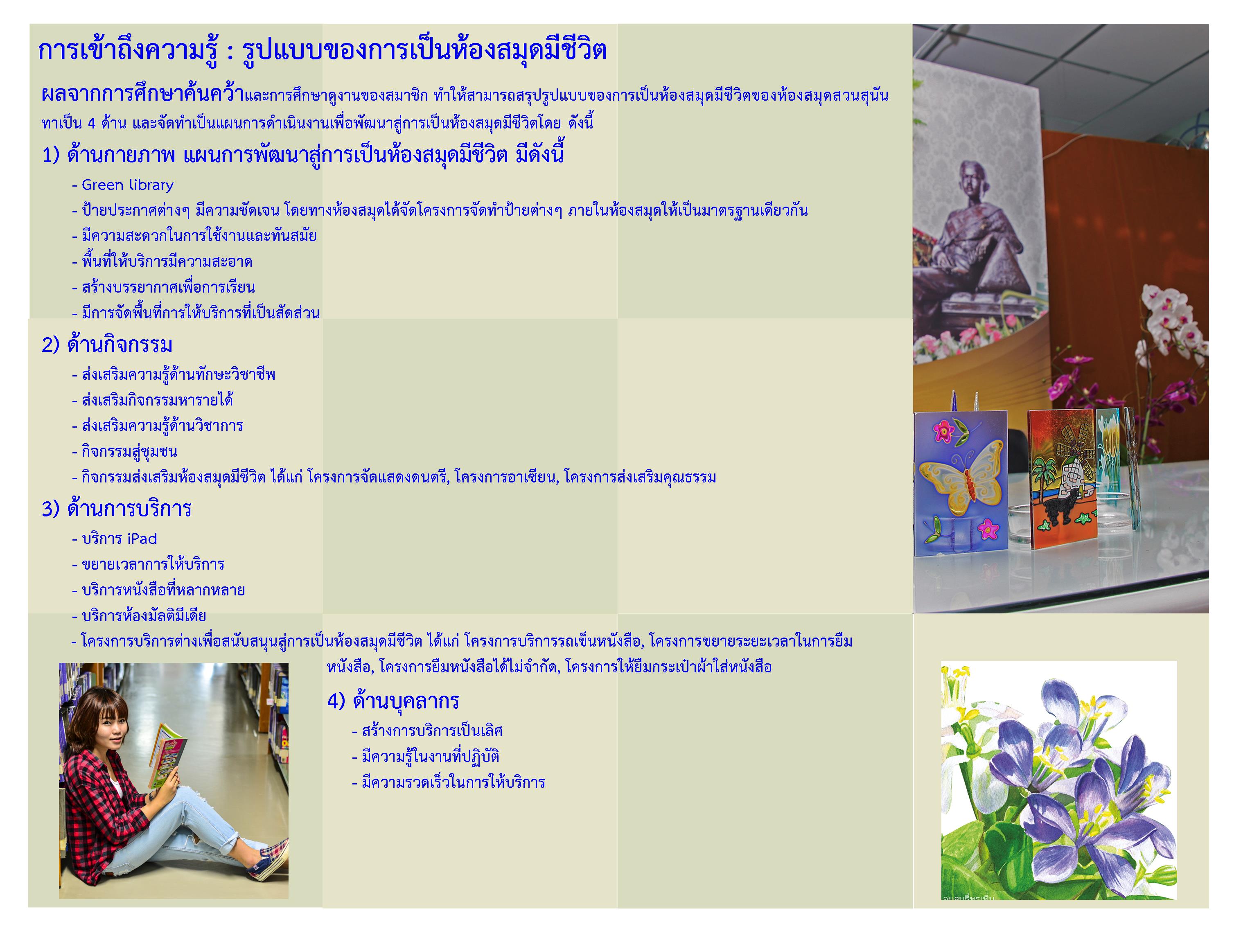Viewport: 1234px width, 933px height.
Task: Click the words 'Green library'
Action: [x=128, y=185]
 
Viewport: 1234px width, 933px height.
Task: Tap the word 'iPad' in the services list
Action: [x=142, y=539]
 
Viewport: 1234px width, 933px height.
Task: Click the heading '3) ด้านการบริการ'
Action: [x=117, y=509]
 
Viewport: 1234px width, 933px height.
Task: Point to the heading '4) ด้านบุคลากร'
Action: [x=393, y=701]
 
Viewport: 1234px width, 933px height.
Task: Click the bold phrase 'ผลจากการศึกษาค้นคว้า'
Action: [x=143, y=95]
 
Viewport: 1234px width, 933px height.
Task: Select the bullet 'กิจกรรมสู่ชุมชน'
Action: [x=129, y=452]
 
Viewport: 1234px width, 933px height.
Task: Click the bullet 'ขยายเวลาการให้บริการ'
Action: [x=153, y=564]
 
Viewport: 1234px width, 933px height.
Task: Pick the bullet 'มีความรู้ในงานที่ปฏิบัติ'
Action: [x=430, y=757]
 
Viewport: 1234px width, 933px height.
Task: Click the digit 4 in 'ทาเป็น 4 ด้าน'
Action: [x=92, y=123]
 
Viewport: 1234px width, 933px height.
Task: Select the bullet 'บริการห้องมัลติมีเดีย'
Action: [x=144, y=616]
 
